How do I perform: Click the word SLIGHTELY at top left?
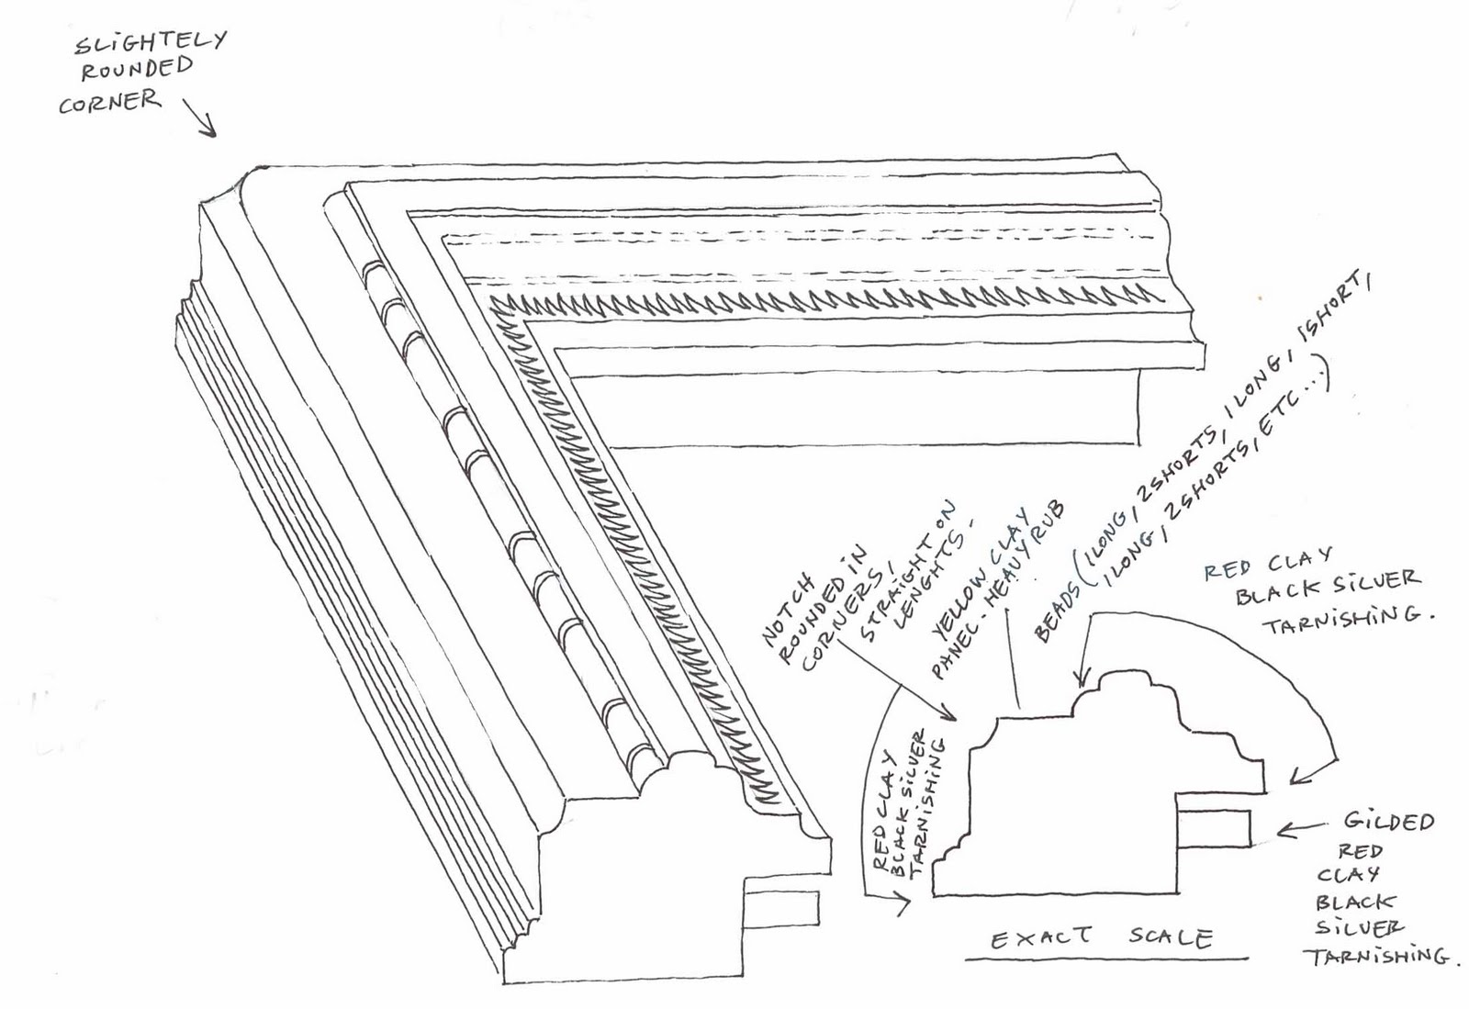point(149,42)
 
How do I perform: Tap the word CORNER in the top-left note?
point(108,102)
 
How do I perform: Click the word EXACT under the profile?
point(1041,937)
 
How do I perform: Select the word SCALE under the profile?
point(1170,936)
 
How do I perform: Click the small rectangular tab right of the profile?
point(1214,828)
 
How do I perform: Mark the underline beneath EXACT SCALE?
point(1106,959)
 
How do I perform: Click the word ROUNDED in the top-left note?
point(137,70)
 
